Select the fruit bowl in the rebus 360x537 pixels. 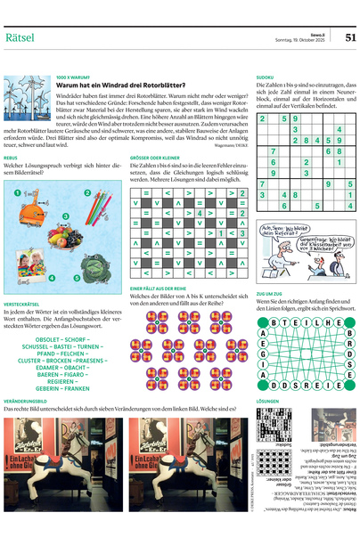(x=64, y=235)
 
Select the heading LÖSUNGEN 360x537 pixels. (x=267, y=401)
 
